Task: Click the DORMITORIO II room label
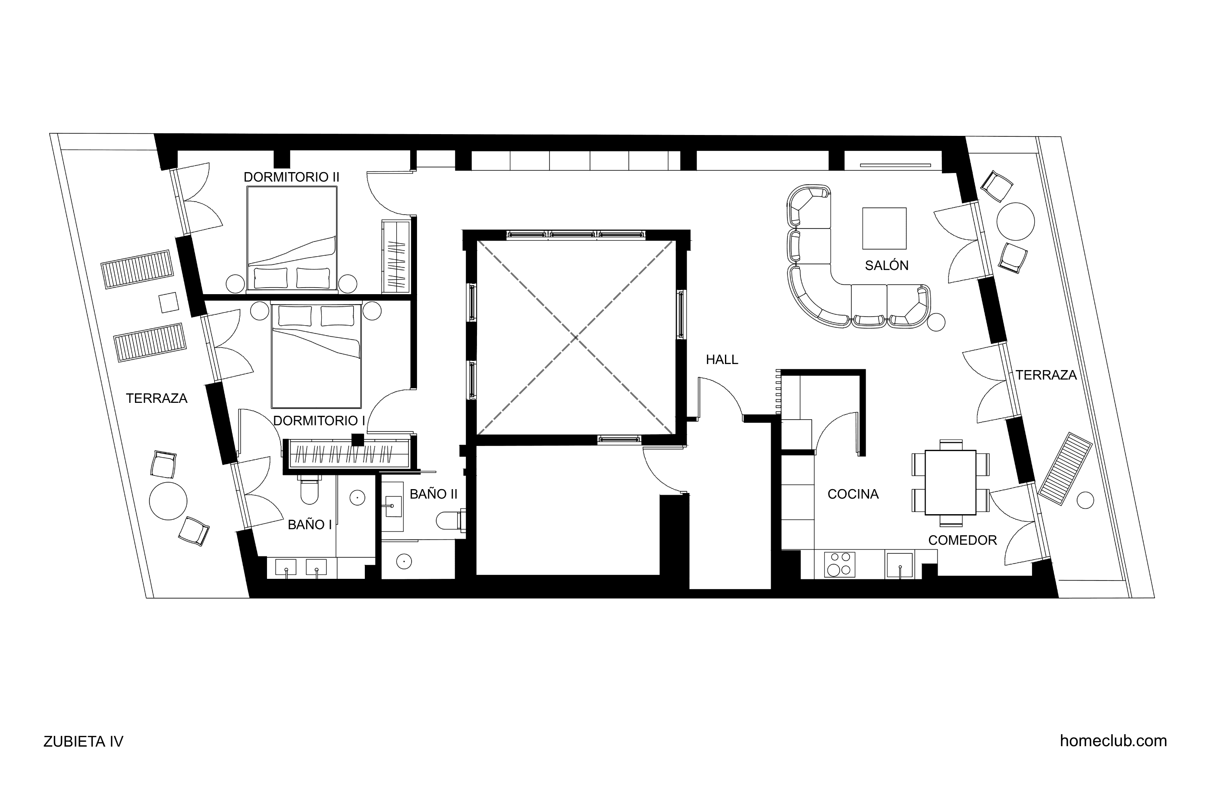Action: point(291,177)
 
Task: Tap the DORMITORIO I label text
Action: point(319,421)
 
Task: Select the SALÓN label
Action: point(887,265)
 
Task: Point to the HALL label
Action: point(722,360)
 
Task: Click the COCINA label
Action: point(853,494)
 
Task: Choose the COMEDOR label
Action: point(963,540)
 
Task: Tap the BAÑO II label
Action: point(433,494)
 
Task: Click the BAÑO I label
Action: point(310,524)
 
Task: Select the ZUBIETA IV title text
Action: point(84,741)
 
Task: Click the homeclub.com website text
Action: point(1114,741)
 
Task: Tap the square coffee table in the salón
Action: point(884,229)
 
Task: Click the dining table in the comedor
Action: point(951,482)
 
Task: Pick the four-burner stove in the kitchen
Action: point(840,564)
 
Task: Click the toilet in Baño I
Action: point(309,489)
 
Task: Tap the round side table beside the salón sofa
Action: point(937,322)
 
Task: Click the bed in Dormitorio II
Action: point(292,239)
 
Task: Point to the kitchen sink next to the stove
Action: point(900,565)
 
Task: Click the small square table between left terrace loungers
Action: point(169,302)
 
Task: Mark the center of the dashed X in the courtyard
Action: point(576,337)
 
